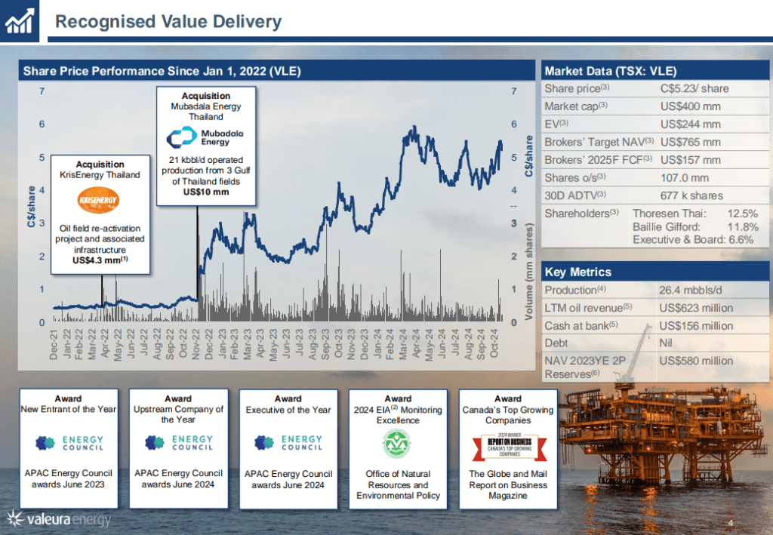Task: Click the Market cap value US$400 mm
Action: click(x=690, y=106)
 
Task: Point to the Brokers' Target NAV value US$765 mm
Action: click(x=690, y=142)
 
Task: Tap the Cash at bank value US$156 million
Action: click(x=696, y=326)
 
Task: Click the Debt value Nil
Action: click(x=667, y=343)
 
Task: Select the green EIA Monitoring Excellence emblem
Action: click(x=398, y=445)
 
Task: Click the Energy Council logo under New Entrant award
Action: click(x=68, y=443)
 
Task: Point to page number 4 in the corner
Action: click(x=730, y=524)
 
